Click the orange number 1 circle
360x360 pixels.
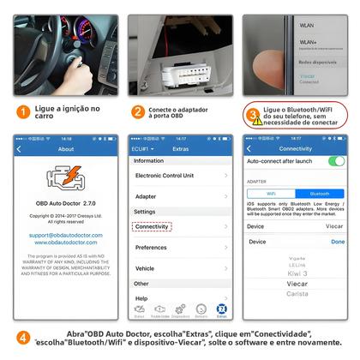point(23,111)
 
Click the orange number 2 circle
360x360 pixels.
point(137,111)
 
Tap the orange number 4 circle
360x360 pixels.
point(23,338)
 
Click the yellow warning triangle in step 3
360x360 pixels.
point(252,115)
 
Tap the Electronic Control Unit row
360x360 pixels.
point(180,175)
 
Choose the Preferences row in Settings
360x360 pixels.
point(180,248)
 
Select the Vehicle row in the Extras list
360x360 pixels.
point(180,268)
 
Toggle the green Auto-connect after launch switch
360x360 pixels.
point(336,160)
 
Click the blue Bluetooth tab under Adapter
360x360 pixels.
point(319,194)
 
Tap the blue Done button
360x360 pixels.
point(338,242)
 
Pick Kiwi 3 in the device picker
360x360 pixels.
point(297,273)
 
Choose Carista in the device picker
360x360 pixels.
point(297,293)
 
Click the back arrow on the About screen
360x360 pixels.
point(19,148)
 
